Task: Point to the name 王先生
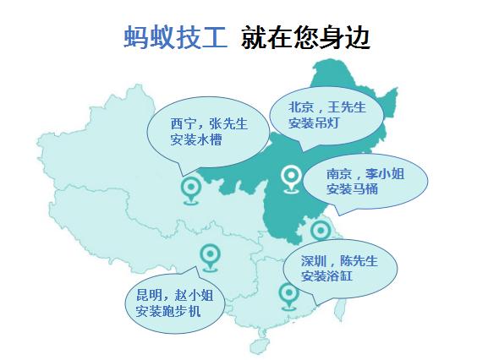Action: (346, 107)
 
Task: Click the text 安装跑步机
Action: (168, 312)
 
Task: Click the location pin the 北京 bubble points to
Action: (291, 177)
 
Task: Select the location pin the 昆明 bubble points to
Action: (209, 254)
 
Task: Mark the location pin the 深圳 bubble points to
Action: (288, 295)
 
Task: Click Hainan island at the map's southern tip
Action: (262, 346)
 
